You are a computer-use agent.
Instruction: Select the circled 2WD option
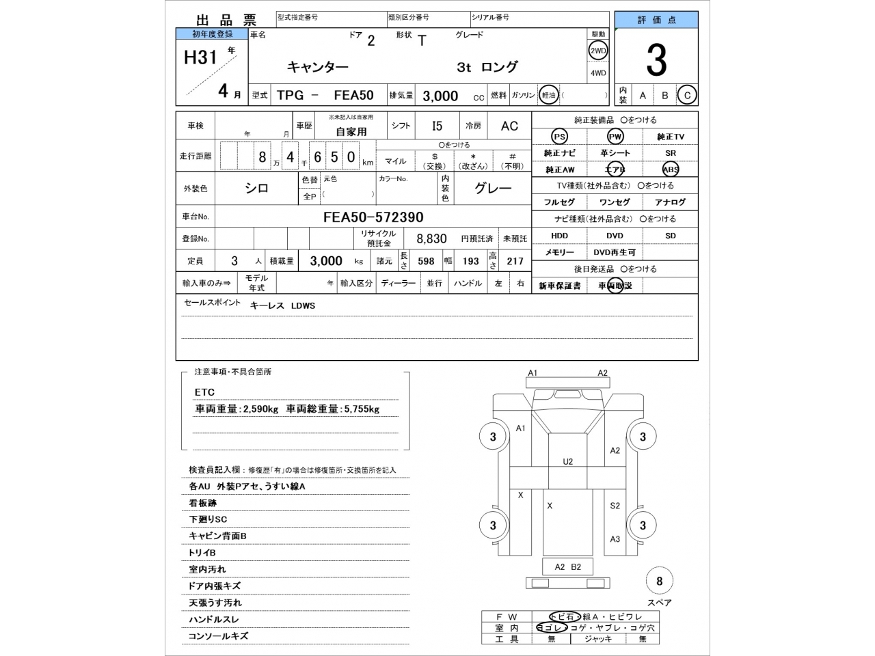(x=598, y=51)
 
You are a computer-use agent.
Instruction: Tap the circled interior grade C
(x=687, y=96)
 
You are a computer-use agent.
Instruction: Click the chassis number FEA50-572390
(x=373, y=217)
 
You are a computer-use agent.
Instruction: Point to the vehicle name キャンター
(x=317, y=67)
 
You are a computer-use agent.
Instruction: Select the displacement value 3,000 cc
(x=440, y=96)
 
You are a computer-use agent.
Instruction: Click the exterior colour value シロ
(x=257, y=189)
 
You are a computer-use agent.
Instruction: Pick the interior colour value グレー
(x=493, y=189)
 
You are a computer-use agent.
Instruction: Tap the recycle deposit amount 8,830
(x=431, y=238)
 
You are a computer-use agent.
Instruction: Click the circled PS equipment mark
(x=559, y=137)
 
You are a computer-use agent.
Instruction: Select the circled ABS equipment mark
(x=670, y=169)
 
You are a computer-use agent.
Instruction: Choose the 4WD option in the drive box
(x=598, y=73)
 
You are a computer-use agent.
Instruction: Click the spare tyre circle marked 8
(x=659, y=582)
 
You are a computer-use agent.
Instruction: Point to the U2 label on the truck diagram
(x=567, y=462)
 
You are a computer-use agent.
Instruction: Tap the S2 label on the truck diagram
(x=615, y=506)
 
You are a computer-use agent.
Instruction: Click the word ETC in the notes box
(x=204, y=392)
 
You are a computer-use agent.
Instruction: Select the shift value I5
(x=437, y=126)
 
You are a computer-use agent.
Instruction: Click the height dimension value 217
(x=515, y=261)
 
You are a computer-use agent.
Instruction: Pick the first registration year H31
(x=200, y=57)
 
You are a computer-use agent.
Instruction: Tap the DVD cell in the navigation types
(x=615, y=236)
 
